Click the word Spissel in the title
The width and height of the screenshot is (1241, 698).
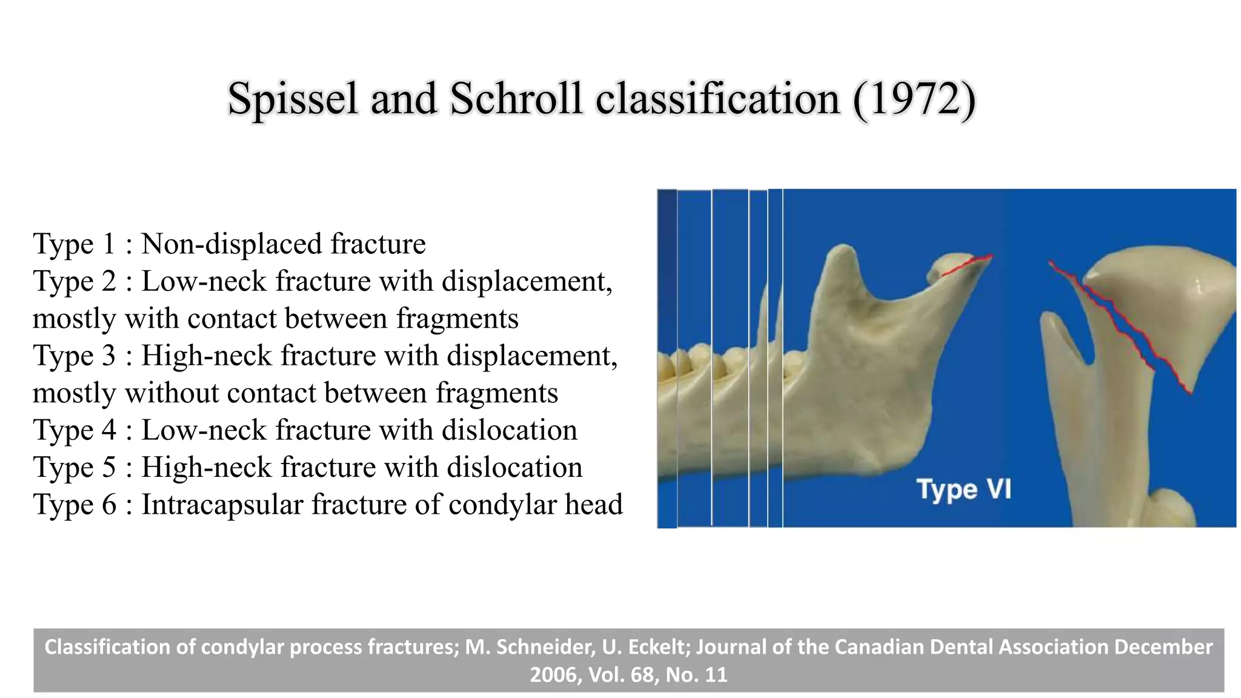tap(293, 99)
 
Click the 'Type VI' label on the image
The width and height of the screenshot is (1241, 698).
tap(963, 489)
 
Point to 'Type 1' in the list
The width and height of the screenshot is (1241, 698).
tap(73, 244)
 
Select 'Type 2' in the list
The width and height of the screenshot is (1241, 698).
tap(73, 281)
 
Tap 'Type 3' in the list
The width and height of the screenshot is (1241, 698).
tap(73, 356)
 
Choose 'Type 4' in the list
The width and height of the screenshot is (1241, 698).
tap(73, 430)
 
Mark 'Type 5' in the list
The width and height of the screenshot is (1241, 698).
tap(73, 467)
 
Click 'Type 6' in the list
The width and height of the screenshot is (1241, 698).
tap(73, 505)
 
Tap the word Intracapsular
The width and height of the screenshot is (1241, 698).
tap(222, 505)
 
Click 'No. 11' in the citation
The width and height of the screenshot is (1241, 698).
tap(696, 675)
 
